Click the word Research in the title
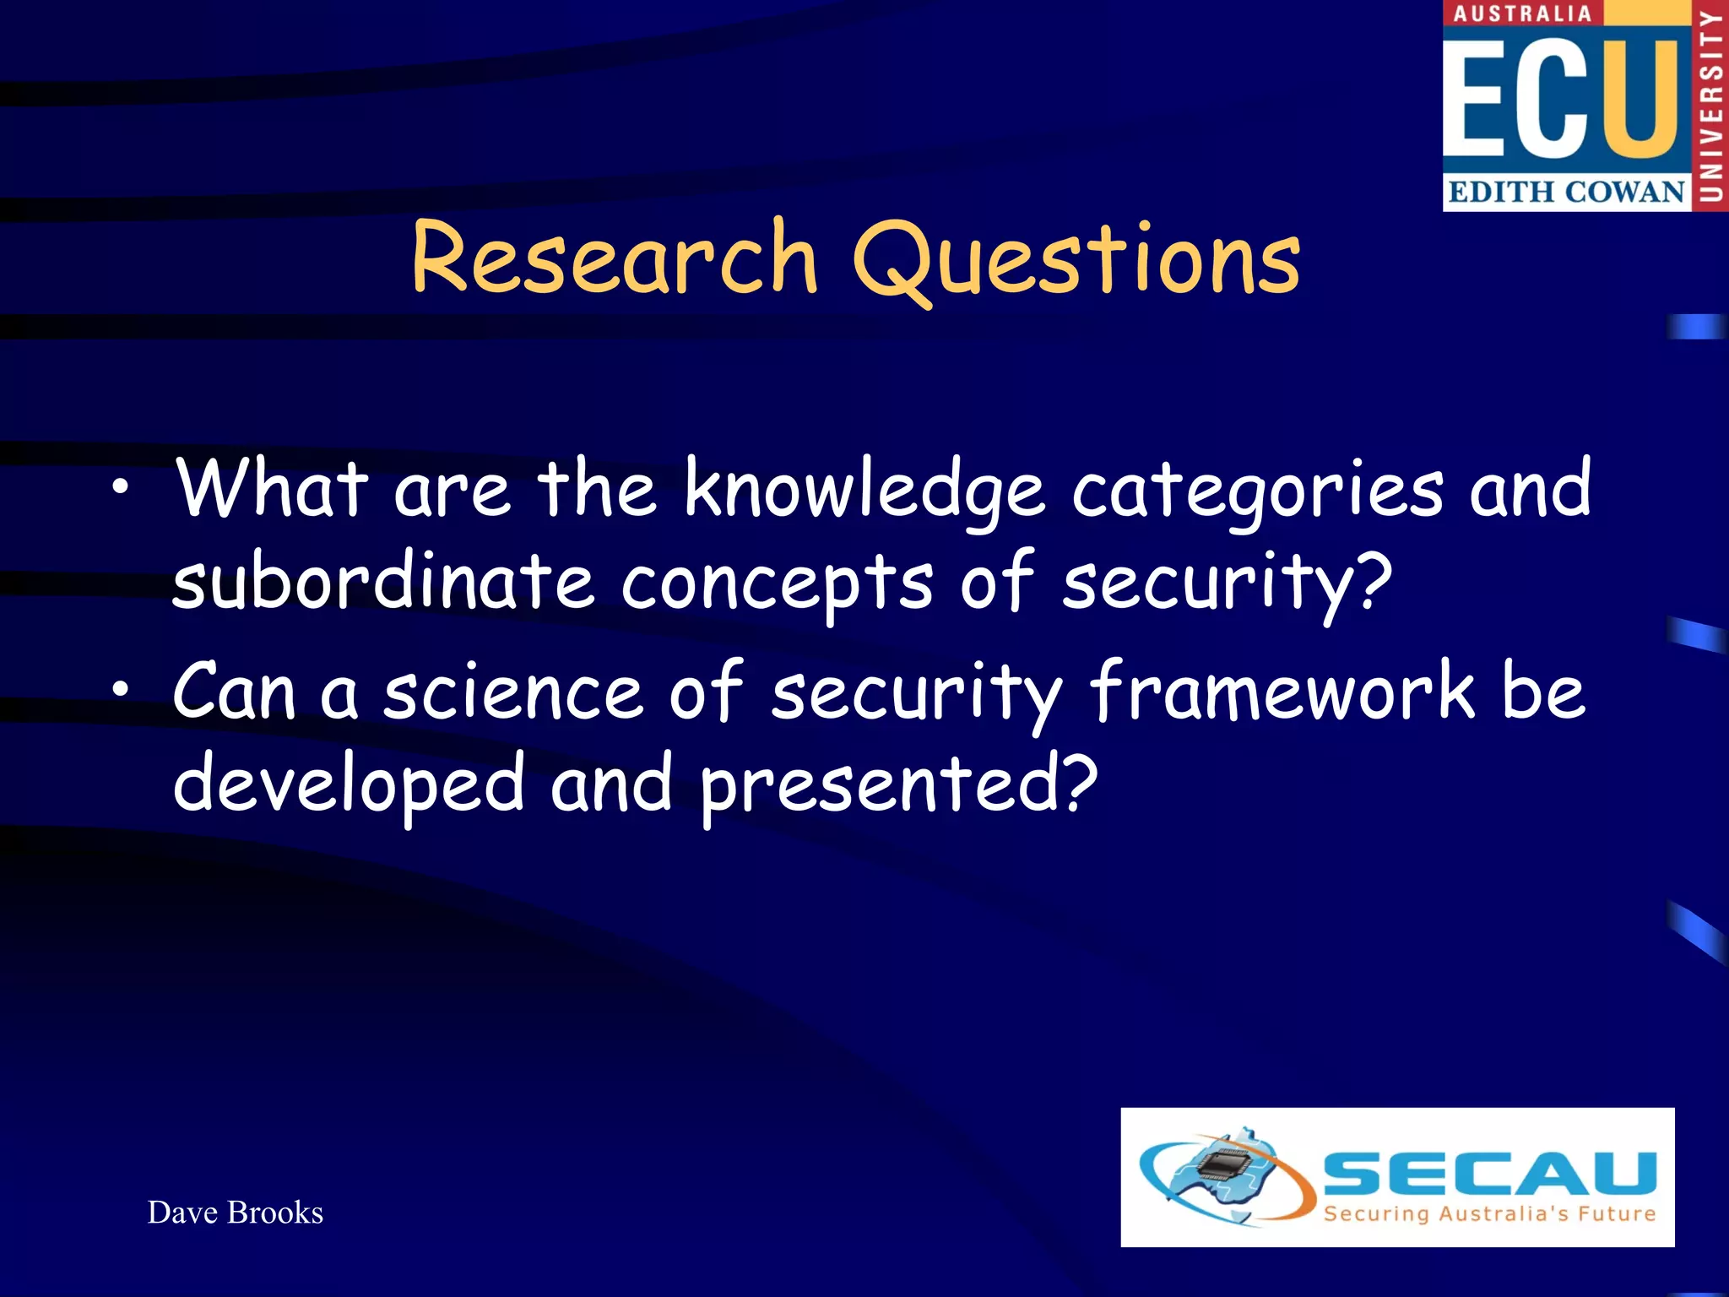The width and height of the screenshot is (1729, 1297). pyautogui.click(x=615, y=258)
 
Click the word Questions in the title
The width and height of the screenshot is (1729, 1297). pyautogui.click(x=1077, y=260)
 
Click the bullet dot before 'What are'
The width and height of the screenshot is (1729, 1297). pyautogui.click(x=122, y=487)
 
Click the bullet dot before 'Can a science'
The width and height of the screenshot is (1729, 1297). pyautogui.click(x=122, y=690)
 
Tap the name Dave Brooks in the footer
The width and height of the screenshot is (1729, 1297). pyautogui.click(x=236, y=1213)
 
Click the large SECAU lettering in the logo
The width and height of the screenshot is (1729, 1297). pyautogui.click(x=1489, y=1174)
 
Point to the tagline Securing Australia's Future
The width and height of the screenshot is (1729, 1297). pyautogui.click(x=1489, y=1214)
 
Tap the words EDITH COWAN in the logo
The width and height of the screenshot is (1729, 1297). pyautogui.click(x=1566, y=193)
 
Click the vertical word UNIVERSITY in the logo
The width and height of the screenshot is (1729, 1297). pyautogui.click(x=1711, y=106)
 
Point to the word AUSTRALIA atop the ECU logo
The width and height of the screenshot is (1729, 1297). pyautogui.click(x=1522, y=14)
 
